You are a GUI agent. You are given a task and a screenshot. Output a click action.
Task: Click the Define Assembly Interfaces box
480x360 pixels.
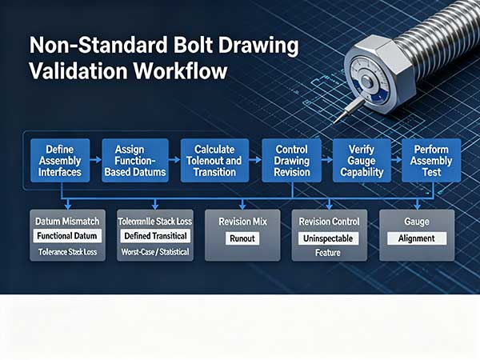[60, 161]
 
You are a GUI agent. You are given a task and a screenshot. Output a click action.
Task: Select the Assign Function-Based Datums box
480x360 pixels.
[135, 161]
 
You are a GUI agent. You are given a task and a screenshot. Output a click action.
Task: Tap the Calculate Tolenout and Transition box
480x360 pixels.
[214, 161]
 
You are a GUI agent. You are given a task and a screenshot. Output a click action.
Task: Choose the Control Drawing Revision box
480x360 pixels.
[292, 161]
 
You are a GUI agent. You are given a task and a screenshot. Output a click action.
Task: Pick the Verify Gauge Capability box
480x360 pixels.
[362, 161]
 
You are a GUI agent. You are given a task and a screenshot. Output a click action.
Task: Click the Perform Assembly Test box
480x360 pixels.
[431, 161]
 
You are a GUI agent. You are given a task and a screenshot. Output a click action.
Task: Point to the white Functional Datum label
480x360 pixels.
[67, 236]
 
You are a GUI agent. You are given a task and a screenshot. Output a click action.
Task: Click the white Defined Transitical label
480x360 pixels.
[155, 236]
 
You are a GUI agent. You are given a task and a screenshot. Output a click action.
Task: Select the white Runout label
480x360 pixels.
[242, 238]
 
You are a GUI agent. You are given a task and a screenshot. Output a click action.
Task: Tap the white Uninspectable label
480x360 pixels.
[328, 238]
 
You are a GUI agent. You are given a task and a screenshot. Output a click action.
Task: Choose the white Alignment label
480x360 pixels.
[417, 238]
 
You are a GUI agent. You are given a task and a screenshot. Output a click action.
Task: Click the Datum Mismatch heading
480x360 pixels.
[67, 222]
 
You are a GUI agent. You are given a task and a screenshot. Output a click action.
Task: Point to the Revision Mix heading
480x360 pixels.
[242, 222]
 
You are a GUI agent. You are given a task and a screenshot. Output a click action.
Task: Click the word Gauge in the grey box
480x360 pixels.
[417, 222]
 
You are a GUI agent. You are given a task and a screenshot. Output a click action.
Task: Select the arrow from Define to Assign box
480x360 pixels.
[96, 160]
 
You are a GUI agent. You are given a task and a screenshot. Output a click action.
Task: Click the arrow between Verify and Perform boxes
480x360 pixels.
[397, 160]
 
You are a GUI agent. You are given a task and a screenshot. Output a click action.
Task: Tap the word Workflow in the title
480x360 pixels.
[180, 71]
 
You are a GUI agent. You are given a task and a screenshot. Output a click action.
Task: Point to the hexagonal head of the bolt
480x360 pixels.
[379, 74]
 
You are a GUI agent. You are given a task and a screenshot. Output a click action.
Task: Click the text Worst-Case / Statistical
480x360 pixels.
[155, 252]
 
